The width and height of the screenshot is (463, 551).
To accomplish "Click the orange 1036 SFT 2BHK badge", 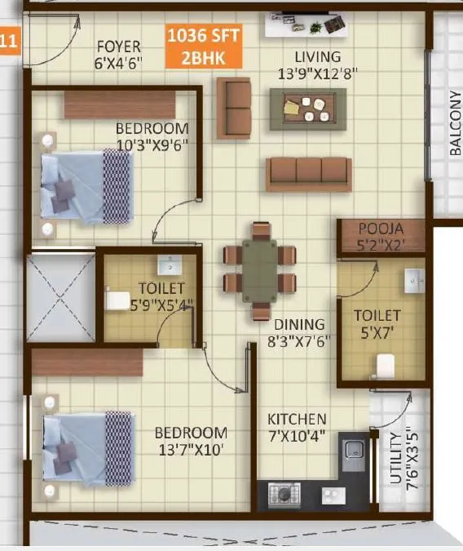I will coord(204,47).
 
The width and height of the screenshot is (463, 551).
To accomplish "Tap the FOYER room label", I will coord(119,54).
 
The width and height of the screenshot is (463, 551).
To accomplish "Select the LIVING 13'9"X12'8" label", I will coord(317,64).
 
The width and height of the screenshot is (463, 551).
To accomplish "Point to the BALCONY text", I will coord(455,122).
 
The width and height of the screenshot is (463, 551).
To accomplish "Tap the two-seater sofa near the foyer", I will coord(233,108).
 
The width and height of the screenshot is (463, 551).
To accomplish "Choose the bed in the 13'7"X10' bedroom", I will coord(87,450).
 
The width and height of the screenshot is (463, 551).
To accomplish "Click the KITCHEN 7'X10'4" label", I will coord(298,427).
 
